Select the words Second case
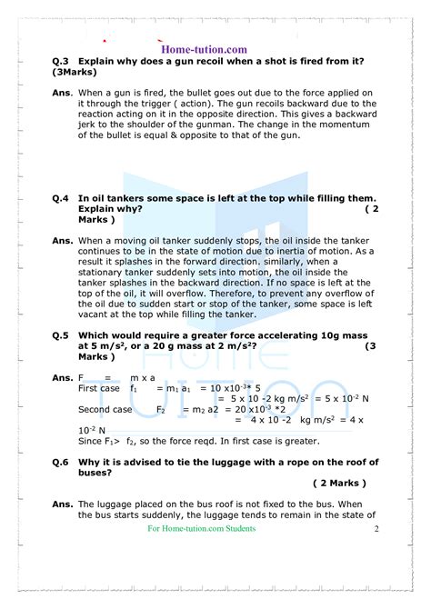[x=105, y=409]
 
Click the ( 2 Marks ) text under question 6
[x=339, y=484]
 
